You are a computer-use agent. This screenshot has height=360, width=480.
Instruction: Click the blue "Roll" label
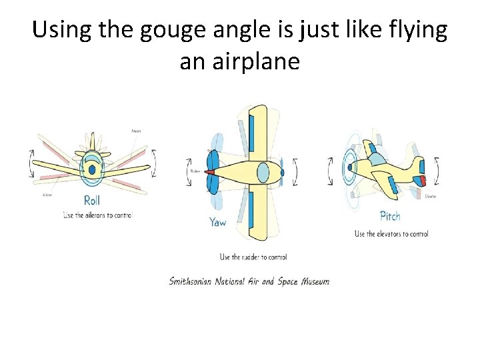point(92,200)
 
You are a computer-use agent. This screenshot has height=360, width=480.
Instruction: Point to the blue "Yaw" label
point(218,222)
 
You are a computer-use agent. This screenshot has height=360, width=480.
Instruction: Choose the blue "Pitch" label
point(390,216)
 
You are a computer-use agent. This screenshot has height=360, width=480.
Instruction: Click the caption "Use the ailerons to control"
point(98,215)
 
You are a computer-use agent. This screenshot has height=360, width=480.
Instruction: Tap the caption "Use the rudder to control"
point(253,257)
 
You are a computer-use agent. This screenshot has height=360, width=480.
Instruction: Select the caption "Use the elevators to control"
point(391,233)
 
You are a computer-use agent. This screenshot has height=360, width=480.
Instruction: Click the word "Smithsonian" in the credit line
point(191,281)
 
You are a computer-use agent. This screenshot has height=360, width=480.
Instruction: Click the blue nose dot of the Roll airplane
point(92,170)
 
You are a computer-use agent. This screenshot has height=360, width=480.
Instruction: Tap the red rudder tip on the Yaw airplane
point(210,172)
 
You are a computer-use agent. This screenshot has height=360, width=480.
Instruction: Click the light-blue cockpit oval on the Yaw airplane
point(263,172)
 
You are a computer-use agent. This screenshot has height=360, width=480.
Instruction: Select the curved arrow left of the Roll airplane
point(31,163)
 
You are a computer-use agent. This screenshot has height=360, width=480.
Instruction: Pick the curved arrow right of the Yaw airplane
point(296,172)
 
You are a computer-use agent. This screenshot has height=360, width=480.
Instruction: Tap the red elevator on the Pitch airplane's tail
point(419,181)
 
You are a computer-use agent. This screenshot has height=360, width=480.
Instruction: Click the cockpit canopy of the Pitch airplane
point(377,159)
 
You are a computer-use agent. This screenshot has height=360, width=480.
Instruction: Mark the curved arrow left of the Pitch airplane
point(329,171)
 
